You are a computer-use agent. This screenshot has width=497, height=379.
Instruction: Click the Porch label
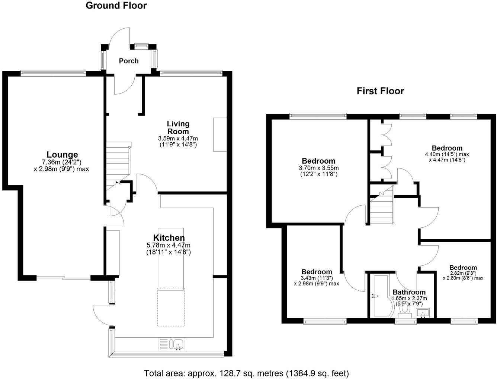[x=129, y=61]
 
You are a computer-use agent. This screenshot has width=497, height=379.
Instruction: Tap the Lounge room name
[x=62, y=154]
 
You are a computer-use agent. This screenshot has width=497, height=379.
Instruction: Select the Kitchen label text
[x=169, y=238]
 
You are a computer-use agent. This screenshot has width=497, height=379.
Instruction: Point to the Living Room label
[x=178, y=127]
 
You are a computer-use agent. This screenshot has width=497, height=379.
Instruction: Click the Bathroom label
[x=409, y=292]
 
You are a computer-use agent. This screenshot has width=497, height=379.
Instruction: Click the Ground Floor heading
[x=116, y=6]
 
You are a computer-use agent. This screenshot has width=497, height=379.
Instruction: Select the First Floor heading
[x=380, y=91]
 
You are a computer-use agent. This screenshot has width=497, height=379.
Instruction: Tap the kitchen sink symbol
[x=177, y=344]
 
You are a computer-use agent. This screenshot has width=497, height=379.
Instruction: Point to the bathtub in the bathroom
[x=379, y=296]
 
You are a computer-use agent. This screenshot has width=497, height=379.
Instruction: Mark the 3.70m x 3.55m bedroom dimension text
[x=318, y=168]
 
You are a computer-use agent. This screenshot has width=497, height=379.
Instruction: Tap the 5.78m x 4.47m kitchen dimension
[x=169, y=245]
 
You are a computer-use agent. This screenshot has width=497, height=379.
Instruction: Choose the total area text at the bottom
[x=246, y=373]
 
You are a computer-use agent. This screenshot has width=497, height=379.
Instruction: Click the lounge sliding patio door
[x=64, y=278]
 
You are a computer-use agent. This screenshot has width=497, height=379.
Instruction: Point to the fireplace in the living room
[x=220, y=135]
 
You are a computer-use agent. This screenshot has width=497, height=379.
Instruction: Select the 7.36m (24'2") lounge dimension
[x=62, y=162]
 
